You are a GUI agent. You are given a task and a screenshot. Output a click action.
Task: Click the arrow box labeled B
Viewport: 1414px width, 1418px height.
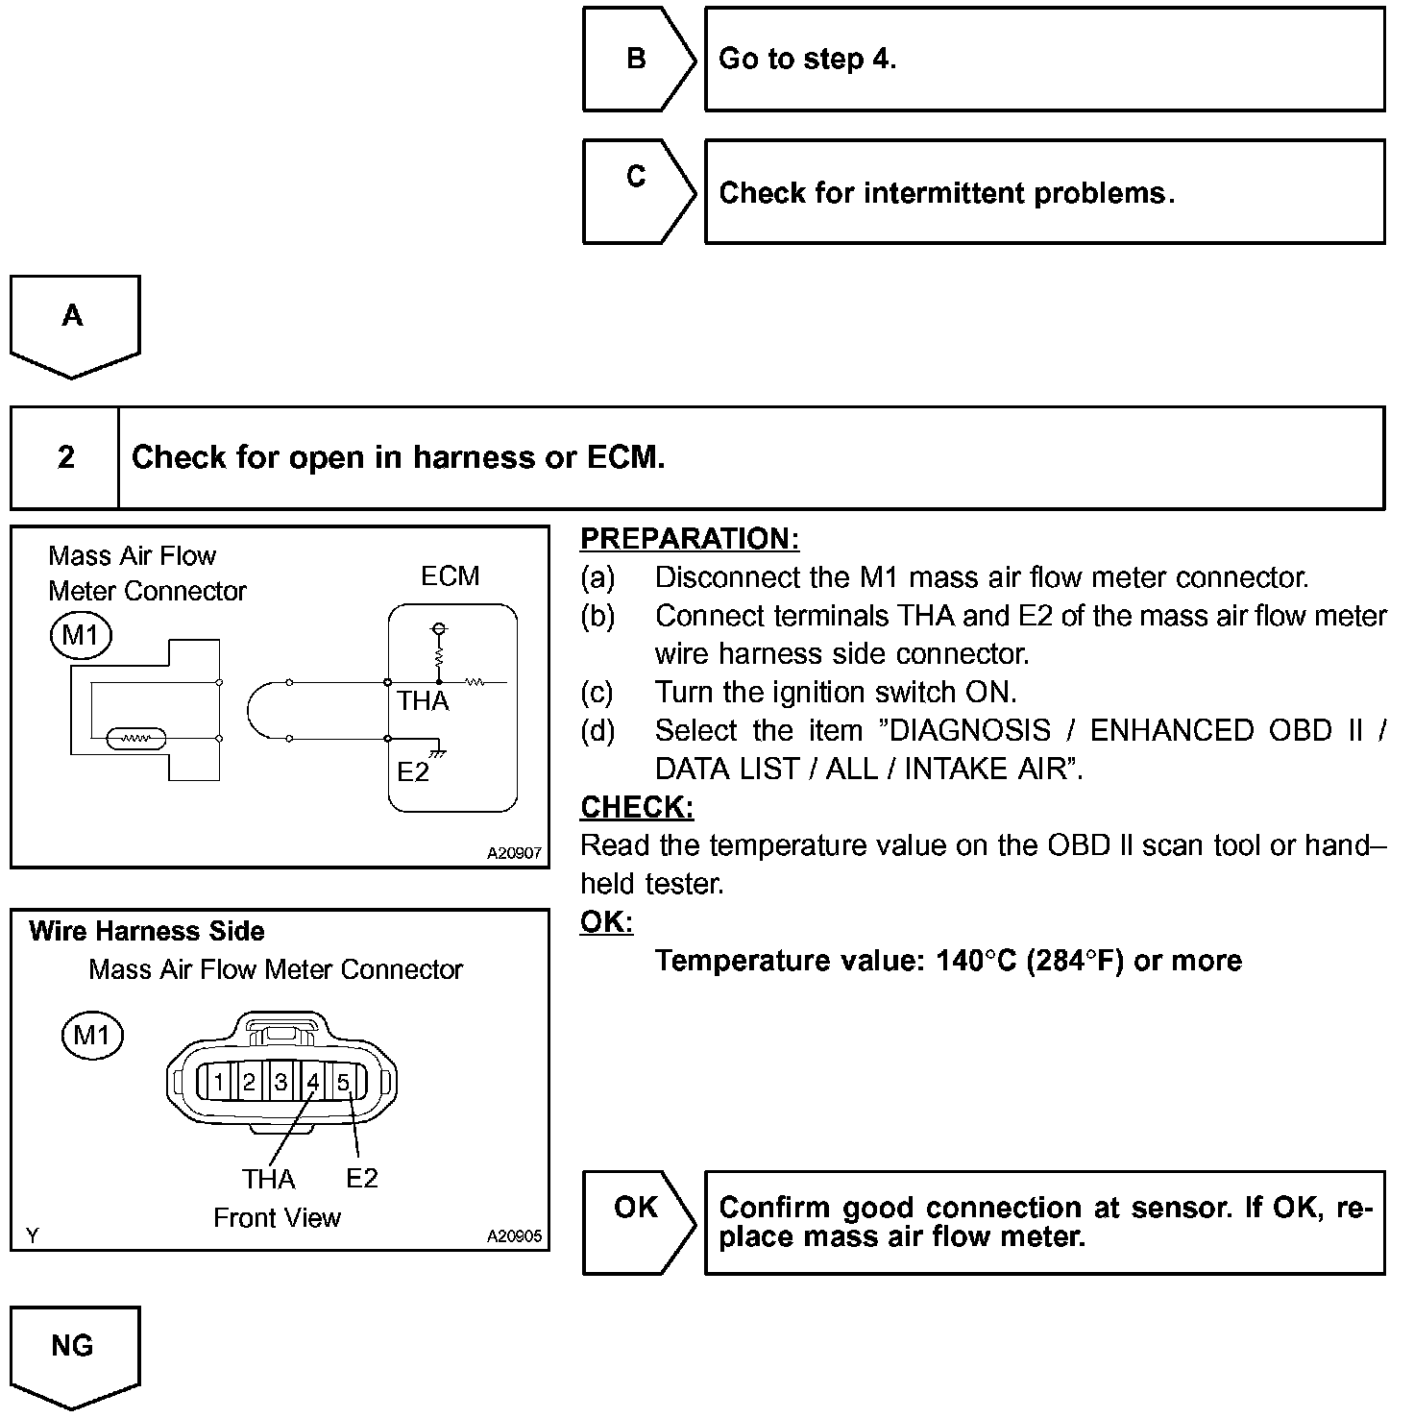coord(637,60)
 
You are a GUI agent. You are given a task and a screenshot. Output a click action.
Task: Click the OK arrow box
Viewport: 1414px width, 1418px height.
coord(637,1221)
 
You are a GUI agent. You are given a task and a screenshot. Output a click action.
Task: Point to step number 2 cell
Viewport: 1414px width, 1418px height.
coord(65,457)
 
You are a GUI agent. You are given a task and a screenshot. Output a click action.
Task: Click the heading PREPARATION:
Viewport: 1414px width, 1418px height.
coord(689,538)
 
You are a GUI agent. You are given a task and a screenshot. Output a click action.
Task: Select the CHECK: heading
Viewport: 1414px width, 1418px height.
coord(636,807)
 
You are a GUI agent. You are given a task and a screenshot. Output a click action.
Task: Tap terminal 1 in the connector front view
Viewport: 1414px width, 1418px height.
coord(218,1083)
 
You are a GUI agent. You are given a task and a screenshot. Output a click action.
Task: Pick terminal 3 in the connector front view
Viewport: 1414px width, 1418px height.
coord(280,1083)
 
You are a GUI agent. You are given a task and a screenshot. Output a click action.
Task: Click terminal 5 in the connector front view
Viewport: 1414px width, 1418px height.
coord(343,1083)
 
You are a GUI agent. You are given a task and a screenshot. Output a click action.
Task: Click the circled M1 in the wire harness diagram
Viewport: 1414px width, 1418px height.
coord(92,1035)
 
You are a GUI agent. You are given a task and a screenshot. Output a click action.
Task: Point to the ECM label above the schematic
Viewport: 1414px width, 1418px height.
coord(450,575)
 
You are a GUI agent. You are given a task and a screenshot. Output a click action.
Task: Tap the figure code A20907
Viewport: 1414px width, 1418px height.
coord(514,853)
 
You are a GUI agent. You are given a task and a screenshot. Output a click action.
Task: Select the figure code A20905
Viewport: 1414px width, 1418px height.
coord(514,1236)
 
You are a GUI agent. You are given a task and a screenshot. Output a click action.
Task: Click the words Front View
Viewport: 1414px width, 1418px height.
coord(277,1217)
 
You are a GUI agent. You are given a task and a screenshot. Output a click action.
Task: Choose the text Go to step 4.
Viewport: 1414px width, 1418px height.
coord(807,59)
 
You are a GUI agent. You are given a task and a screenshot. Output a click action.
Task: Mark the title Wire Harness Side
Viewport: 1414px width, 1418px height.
coord(147,931)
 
